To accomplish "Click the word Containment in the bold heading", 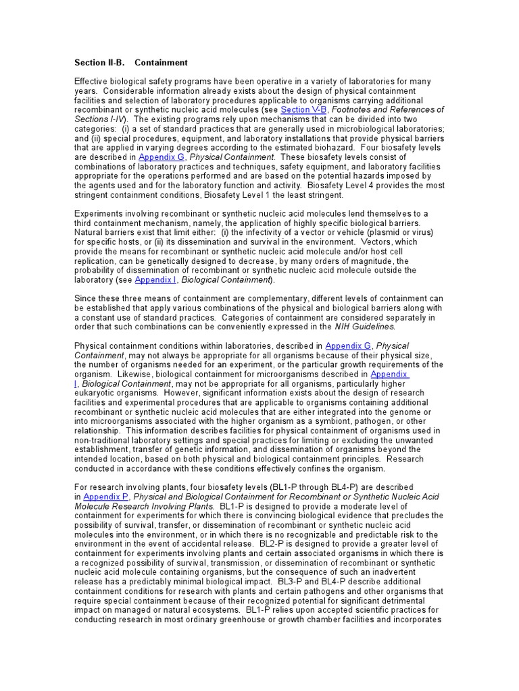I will click(x=161, y=63).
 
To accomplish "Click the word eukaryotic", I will click(x=97, y=393).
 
